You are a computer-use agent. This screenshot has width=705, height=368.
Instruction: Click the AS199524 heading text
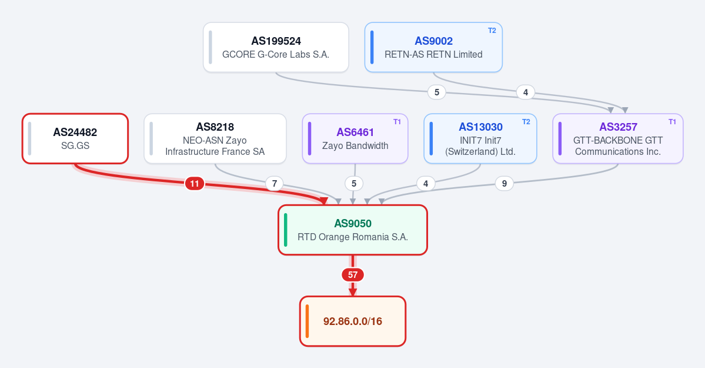click(x=276, y=41)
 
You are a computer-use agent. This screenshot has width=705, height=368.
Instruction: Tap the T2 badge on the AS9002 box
click(x=492, y=31)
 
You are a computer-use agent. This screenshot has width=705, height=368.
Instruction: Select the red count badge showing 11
click(x=194, y=183)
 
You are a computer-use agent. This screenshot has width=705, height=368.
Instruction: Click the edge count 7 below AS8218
click(x=274, y=183)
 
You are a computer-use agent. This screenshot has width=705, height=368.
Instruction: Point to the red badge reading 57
click(x=353, y=275)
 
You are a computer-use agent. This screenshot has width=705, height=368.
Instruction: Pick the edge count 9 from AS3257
click(x=504, y=183)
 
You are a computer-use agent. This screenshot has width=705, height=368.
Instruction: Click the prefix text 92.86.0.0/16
click(x=353, y=321)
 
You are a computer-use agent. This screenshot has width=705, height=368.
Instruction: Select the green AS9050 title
click(x=353, y=223)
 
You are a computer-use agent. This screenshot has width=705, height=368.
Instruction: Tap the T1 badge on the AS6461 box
click(x=397, y=122)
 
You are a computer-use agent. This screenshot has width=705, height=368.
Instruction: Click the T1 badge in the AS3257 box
click(x=672, y=122)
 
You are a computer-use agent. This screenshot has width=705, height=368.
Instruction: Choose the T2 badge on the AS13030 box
click(x=526, y=122)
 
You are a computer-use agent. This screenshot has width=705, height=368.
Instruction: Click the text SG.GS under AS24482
click(x=75, y=145)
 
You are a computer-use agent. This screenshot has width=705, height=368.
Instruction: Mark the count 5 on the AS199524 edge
click(x=436, y=92)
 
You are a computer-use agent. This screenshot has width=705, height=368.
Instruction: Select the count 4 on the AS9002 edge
click(x=525, y=92)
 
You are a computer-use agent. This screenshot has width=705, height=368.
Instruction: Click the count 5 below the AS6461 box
click(x=354, y=183)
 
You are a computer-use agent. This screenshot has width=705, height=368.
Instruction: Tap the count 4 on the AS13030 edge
click(x=425, y=183)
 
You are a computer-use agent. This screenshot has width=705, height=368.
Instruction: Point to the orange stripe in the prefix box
click(x=307, y=321)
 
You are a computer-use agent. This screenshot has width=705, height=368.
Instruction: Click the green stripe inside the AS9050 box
click(x=286, y=230)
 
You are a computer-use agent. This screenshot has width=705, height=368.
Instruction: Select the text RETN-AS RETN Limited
click(x=433, y=55)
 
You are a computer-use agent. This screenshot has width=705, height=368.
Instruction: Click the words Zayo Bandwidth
click(x=355, y=145)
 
